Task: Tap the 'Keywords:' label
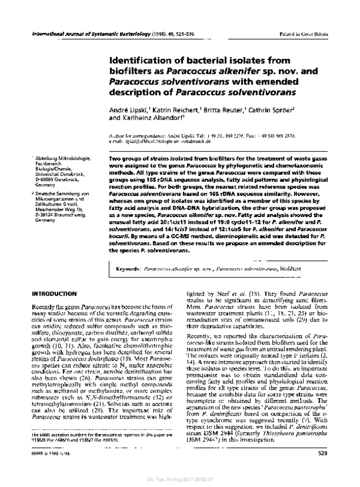127,270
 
